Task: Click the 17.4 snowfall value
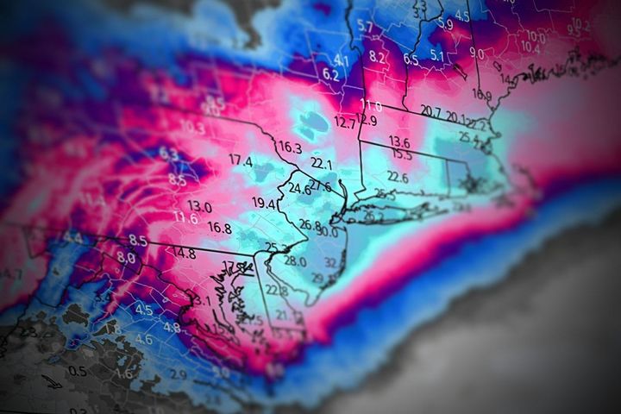tap(241, 161)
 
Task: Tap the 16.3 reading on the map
tap(290, 147)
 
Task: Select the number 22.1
tap(321, 163)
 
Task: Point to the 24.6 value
tap(299, 189)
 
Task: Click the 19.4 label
tap(264, 204)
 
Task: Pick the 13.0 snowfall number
tap(199, 206)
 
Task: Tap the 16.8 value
tap(219, 229)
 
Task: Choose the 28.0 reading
tap(294, 261)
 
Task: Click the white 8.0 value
tap(126, 257)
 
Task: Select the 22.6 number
tap(397, 177)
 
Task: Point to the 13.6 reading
tap(398, 141)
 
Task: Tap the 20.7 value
tap(431, 111)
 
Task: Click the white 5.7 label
tap(364, 28)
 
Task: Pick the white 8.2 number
tap(377, 57)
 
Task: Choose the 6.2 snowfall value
tap(330, 74)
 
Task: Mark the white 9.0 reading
tap(476, 53)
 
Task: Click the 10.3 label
tap(192, 127)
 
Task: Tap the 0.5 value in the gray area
tap(78, 371)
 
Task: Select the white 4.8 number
tap(172, 327)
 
